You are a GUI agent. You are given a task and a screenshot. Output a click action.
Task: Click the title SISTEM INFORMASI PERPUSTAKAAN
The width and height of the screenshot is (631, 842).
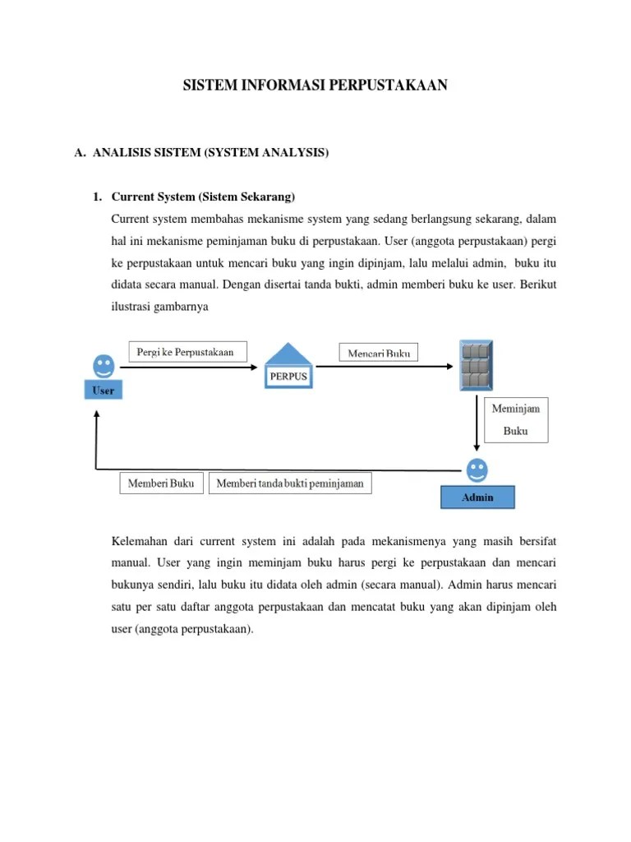[x=315, y=86]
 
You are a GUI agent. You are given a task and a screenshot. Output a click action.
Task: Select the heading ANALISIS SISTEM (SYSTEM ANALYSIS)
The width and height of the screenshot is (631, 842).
[x=210, y=152]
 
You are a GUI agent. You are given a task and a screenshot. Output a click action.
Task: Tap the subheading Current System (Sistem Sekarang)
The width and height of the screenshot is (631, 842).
[x=202, y=197]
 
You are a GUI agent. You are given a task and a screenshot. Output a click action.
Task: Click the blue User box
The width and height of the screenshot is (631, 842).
[x=103, y=391]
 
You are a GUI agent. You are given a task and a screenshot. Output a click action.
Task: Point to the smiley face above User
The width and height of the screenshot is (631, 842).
[x=104, y=364]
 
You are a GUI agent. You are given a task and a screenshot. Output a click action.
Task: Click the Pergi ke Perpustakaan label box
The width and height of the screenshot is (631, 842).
[x=186, y=352]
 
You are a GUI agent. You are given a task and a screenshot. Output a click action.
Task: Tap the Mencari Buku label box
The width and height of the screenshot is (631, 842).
[x=378, y=353]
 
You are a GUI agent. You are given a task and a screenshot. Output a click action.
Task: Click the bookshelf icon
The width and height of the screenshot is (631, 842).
[x=477, y=366]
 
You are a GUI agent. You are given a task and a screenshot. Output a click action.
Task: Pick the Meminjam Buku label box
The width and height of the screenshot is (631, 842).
[x=516, y=419]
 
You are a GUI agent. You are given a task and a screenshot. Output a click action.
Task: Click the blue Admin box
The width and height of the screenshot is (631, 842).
[x=477, y=497]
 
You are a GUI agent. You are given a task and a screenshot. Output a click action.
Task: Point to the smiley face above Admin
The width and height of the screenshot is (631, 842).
[x=477, y=470]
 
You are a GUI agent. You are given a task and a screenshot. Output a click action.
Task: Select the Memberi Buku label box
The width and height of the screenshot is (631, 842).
[x=162, y=483]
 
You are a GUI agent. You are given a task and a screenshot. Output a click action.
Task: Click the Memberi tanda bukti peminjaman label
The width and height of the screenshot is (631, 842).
[x=290, y=483]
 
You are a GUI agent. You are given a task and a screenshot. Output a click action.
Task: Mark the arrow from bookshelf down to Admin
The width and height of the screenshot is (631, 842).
[x=477, y=423]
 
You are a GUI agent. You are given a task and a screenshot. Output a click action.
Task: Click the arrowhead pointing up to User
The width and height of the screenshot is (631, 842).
[x=97, y=415]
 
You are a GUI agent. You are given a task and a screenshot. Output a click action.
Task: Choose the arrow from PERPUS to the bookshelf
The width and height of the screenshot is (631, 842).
[x=386, y=368]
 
